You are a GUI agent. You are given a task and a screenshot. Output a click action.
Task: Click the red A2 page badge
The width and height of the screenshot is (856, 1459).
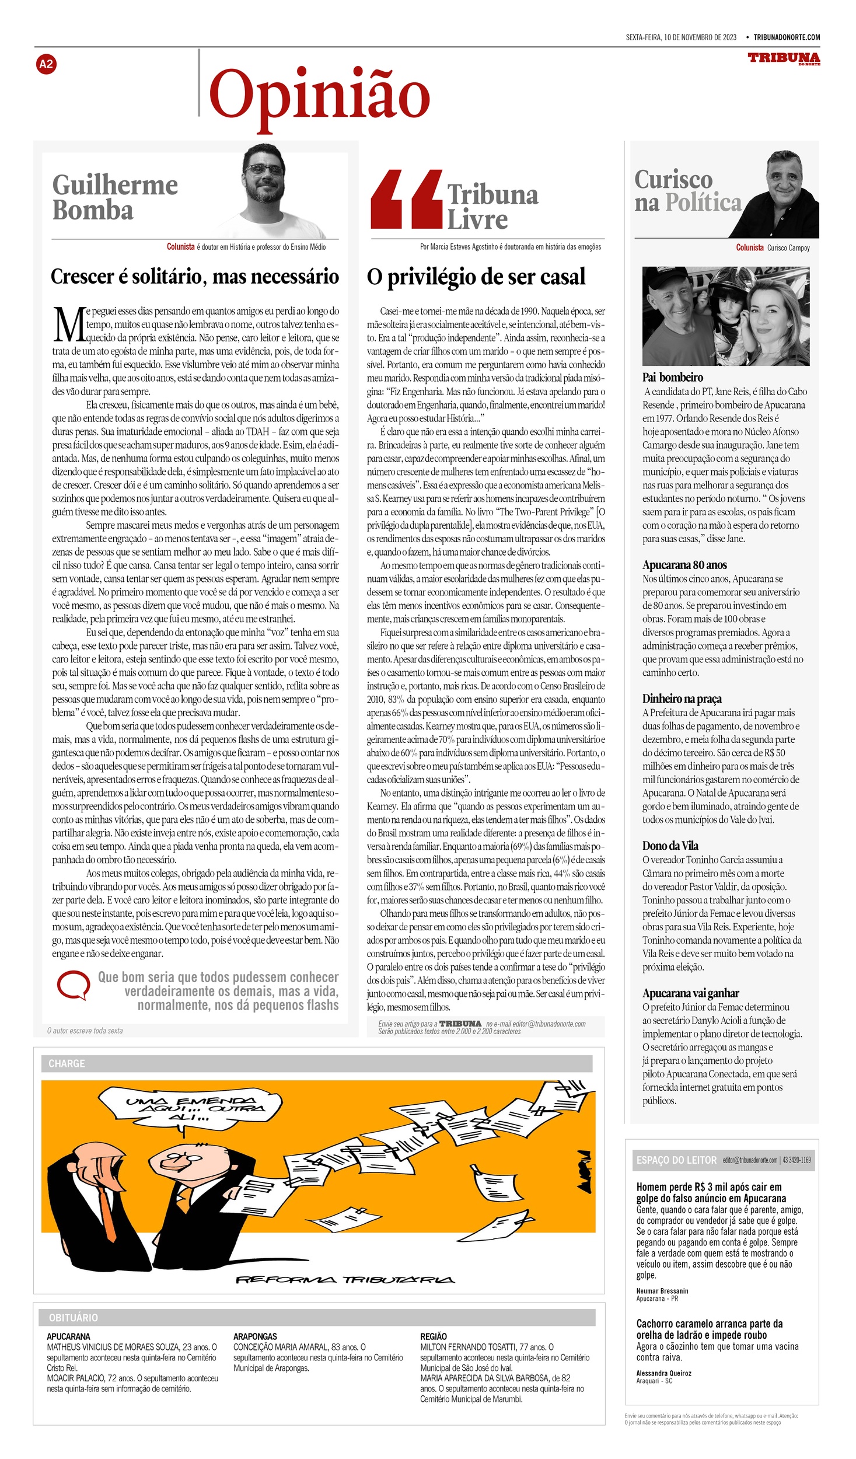click(46, 64)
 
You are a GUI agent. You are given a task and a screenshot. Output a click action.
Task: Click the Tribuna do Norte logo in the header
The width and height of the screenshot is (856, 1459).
click(784, 58)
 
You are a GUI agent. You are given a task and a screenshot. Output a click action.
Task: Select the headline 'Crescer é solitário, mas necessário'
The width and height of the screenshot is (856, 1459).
click(194, 277)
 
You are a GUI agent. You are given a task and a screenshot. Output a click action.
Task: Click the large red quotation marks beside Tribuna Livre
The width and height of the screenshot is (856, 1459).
click(406, 199)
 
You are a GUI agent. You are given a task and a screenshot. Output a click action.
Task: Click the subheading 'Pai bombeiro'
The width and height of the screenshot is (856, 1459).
click(672, 378)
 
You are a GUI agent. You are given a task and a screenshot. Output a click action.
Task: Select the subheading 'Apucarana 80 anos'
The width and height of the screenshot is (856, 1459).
click(684, 565)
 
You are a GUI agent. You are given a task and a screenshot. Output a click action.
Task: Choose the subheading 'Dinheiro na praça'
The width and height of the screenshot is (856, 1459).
click(682, 699)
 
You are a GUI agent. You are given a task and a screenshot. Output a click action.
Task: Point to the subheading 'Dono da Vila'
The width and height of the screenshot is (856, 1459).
click(670, 846)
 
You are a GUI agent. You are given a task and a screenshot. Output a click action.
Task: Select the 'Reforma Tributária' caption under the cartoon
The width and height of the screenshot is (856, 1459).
click(344, 1280)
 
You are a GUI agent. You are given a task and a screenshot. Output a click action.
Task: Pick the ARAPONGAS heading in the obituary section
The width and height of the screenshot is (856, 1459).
click(255, 1336)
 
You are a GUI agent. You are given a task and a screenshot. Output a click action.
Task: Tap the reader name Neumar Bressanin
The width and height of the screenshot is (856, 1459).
click(662, 1291)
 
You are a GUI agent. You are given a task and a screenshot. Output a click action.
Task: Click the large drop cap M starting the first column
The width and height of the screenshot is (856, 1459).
click(68, 324)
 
